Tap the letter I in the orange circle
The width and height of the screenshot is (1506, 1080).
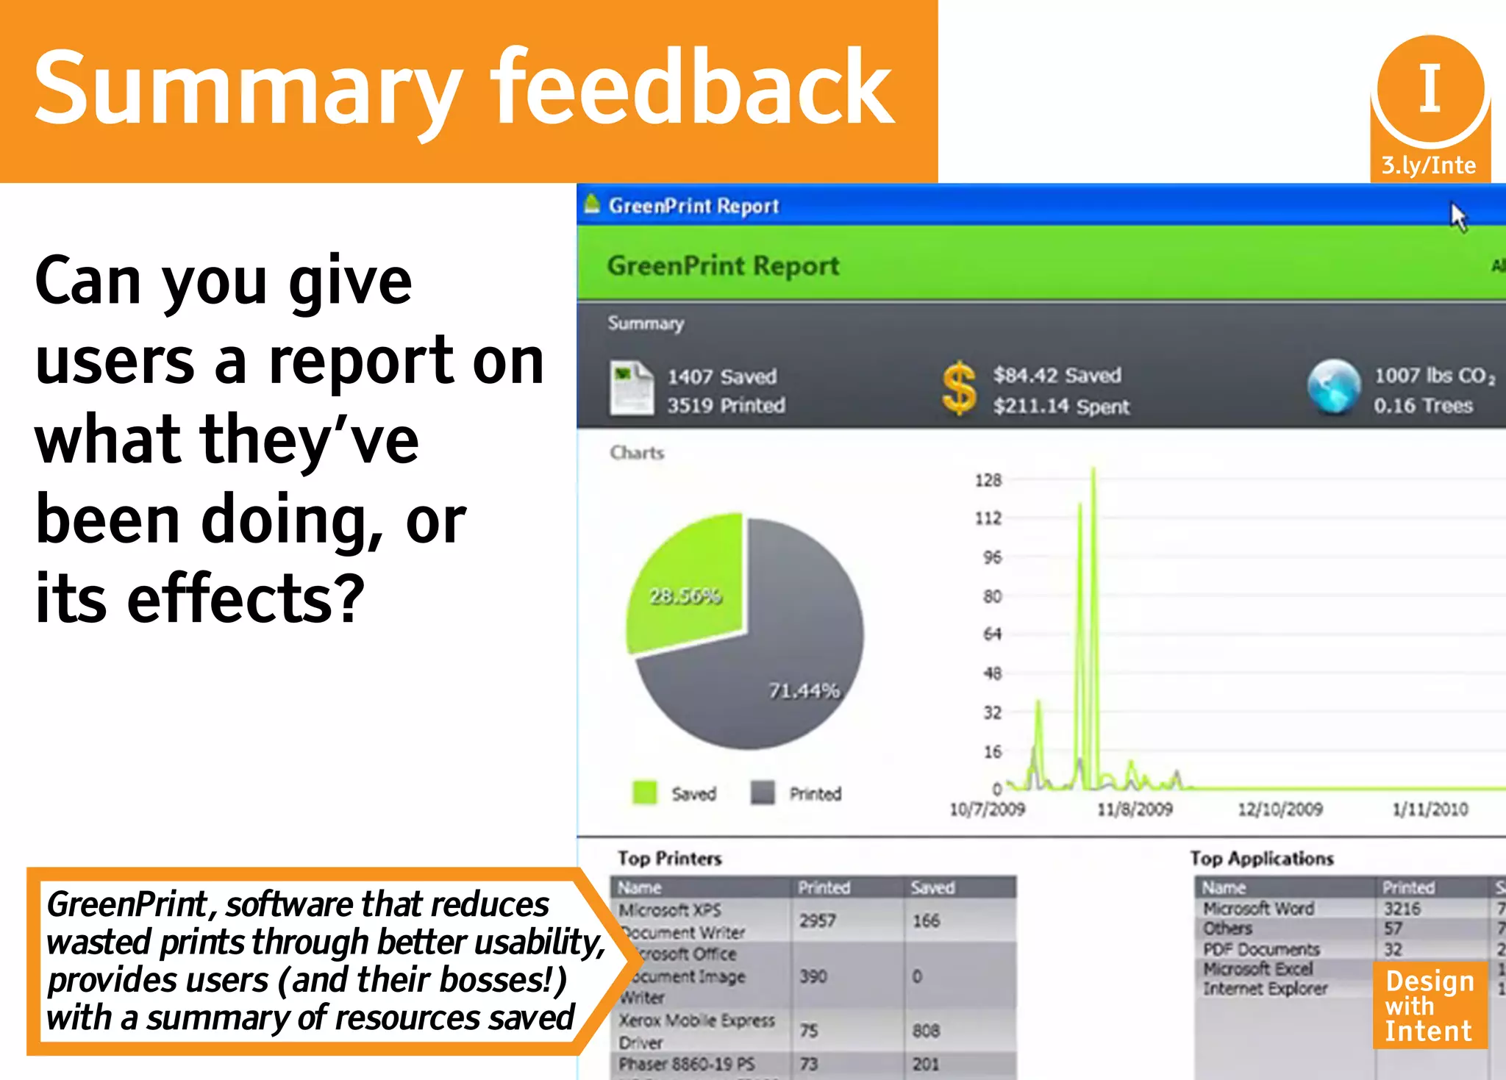(1430, 88)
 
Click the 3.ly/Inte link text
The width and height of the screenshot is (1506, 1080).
(1428, 165)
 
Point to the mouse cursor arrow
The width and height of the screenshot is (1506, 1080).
(1457, 216)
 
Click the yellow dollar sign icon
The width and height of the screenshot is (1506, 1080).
(959, 388)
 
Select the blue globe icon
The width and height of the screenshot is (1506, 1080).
(1334, 387)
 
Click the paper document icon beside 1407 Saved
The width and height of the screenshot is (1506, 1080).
(631, 388)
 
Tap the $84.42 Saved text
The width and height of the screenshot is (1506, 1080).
(1057, 375)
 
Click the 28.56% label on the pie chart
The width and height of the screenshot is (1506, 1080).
(685, 596)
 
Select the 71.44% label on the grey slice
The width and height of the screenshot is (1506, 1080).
(804, 690)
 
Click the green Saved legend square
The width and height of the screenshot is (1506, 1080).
(644, 793)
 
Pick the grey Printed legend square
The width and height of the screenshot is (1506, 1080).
(763, 793)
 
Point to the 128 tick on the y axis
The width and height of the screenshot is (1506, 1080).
(988, 480)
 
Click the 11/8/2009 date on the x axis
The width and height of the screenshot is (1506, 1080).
(1134, 809)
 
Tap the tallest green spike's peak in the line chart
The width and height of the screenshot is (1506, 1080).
(1093, 469)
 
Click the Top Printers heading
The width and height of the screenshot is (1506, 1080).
(669, 858)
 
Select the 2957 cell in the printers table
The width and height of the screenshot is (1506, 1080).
(817, 920)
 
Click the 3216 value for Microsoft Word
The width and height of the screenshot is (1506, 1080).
(1402, 909)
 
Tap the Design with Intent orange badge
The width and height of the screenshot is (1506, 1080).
(1429, 1005)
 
